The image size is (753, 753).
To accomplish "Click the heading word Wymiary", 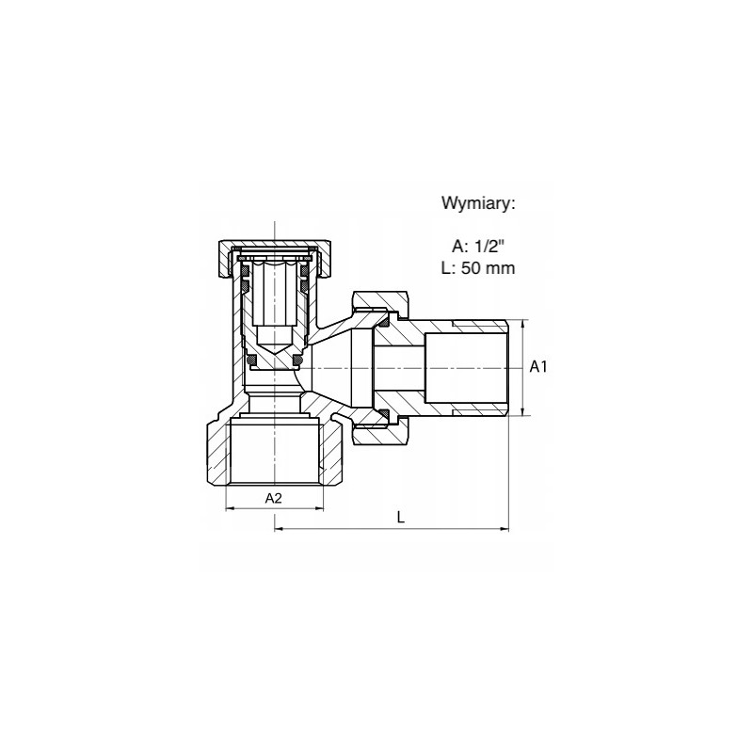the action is (x=478, y=203).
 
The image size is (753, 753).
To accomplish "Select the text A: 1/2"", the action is (x=478, y=247).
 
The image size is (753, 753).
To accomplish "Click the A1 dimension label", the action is (x=538, y=367).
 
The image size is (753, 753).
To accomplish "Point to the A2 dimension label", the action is (x=273, y=499).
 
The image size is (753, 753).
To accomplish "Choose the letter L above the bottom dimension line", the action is (x=401, y=517).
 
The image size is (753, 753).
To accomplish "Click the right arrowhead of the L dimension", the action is (x=505, y=529).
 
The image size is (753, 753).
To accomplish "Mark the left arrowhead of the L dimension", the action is (x=279, y=529).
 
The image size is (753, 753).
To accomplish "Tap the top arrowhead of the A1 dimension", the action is (x=522, y=324).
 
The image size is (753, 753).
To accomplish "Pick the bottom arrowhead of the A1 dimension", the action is (x=522, y=410).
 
